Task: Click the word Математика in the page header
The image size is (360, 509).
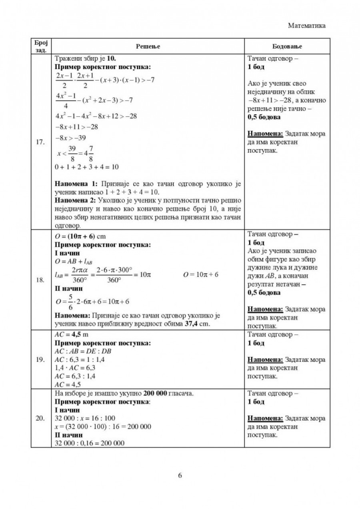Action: (306, 25)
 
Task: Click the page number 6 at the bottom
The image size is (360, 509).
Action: (180, 475)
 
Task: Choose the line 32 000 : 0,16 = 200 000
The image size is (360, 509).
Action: (89, 443)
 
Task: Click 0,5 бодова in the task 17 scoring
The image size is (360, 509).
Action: (264, 118)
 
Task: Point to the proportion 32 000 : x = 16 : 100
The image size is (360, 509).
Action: (79, 418)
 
